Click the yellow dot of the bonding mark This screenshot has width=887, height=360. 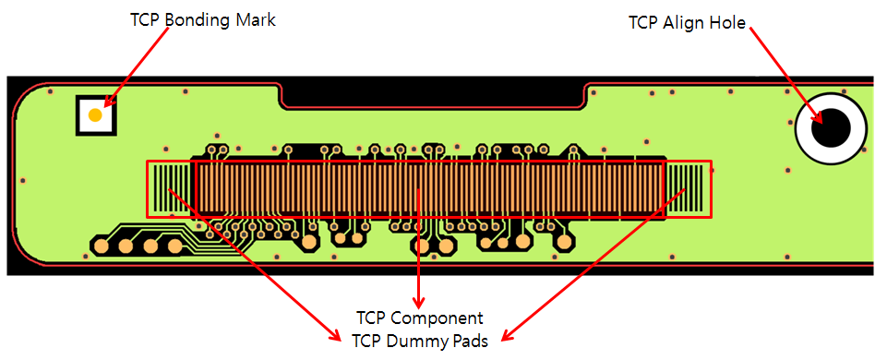(x=95, y=115)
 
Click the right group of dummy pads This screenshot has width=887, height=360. (x=688, y=189)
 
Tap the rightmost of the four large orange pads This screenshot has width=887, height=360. (x=174, y=246)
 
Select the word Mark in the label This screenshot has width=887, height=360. (x=256, y=19)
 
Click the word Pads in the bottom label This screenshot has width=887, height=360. (x=469, y=341)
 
